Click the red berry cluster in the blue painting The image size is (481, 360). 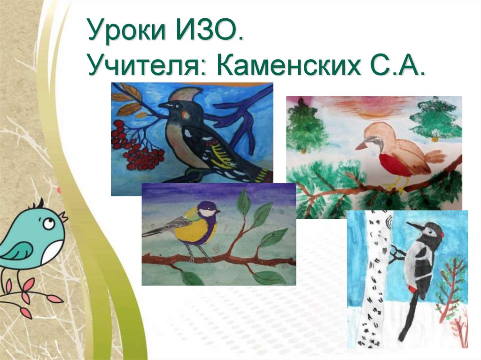pyautogui.click(x=141, y=150)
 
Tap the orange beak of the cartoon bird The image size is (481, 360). pyautogui.click(x=62, y=217)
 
